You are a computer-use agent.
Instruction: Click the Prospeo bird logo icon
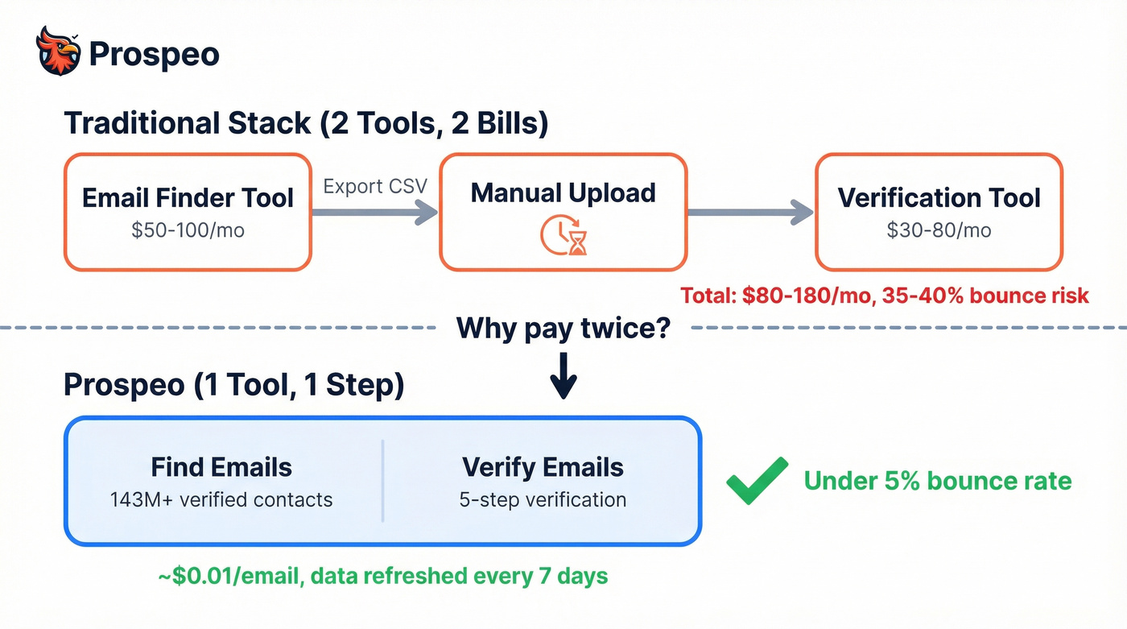(x=59, y=51)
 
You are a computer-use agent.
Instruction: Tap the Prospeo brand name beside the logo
(x=154, y=54)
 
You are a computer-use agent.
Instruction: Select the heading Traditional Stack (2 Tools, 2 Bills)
(x=306, y=123)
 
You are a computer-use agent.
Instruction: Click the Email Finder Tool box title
(x=188, y=198)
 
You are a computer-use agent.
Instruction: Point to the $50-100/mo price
(x=188, y=230)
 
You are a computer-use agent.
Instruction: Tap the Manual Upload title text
(x=563, y=193)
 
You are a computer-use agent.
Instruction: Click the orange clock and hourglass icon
(x=563, y=236)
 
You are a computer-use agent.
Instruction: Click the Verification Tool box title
(x=939, y=198)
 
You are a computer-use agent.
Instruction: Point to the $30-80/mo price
(x=939, y=230)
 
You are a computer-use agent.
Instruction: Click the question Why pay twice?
(x=563, y=328)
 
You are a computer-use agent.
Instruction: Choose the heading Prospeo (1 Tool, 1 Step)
(x=233, y=385)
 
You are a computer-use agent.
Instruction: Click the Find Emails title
(x=221, y=467)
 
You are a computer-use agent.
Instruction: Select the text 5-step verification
(x=543, y=499)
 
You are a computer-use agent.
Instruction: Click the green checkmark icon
(x=757, y=481)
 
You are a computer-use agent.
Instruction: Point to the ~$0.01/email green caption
(x=382, y=577)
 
